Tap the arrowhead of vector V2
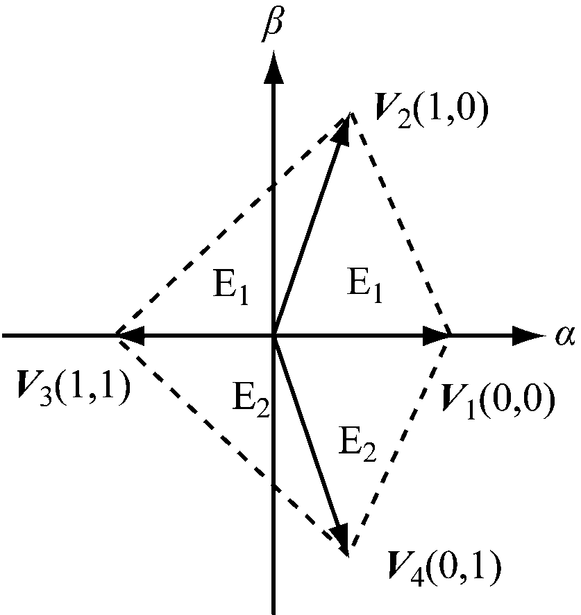(342, 131)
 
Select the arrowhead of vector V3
(132, 336)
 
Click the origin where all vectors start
(275, 336)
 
